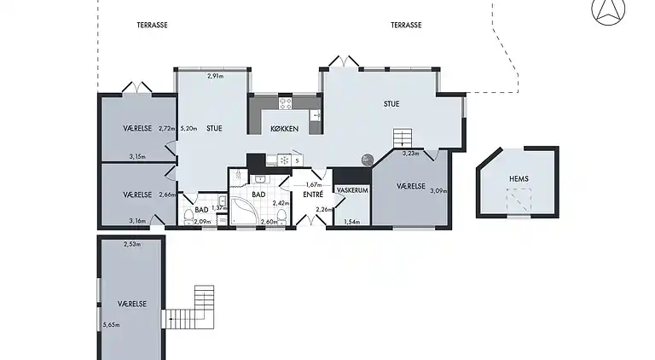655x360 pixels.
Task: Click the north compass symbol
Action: pos(607,10)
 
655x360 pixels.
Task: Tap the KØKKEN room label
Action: pos(283,129)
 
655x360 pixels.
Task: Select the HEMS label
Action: pos(519,178)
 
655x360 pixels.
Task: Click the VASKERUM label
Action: pos(351,190)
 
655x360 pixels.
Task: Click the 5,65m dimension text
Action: pos(111,325)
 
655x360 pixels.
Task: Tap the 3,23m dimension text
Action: pos(411,154)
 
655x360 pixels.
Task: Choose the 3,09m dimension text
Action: pos(438,190)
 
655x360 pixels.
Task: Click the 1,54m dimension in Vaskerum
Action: pos(351,223)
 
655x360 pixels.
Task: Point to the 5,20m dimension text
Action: pos(188,129)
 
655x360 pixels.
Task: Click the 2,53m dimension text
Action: pos(131,245)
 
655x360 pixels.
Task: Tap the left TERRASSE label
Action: pos(152,26)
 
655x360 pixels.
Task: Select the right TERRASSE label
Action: pos(406,26)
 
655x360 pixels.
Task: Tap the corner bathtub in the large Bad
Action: pos(253,210)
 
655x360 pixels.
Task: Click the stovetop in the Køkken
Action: pos(285,103)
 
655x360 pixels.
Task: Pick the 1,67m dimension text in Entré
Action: pos(312,184)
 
